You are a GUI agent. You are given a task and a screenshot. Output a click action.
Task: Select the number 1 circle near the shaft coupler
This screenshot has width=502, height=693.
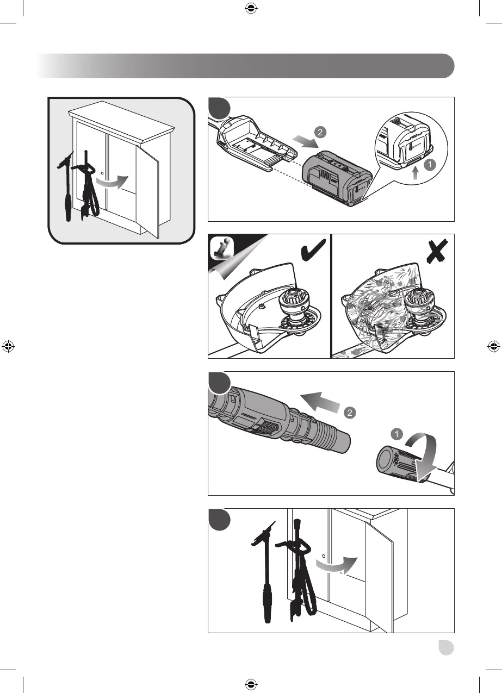(x=396, y=434)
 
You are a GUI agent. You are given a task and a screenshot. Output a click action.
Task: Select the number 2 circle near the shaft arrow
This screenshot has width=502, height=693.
(x=349, y=413)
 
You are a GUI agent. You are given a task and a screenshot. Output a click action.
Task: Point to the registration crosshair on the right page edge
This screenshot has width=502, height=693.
(x=493, y=346)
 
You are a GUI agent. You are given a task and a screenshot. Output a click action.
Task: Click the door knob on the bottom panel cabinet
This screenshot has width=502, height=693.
(x=324, y=556)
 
